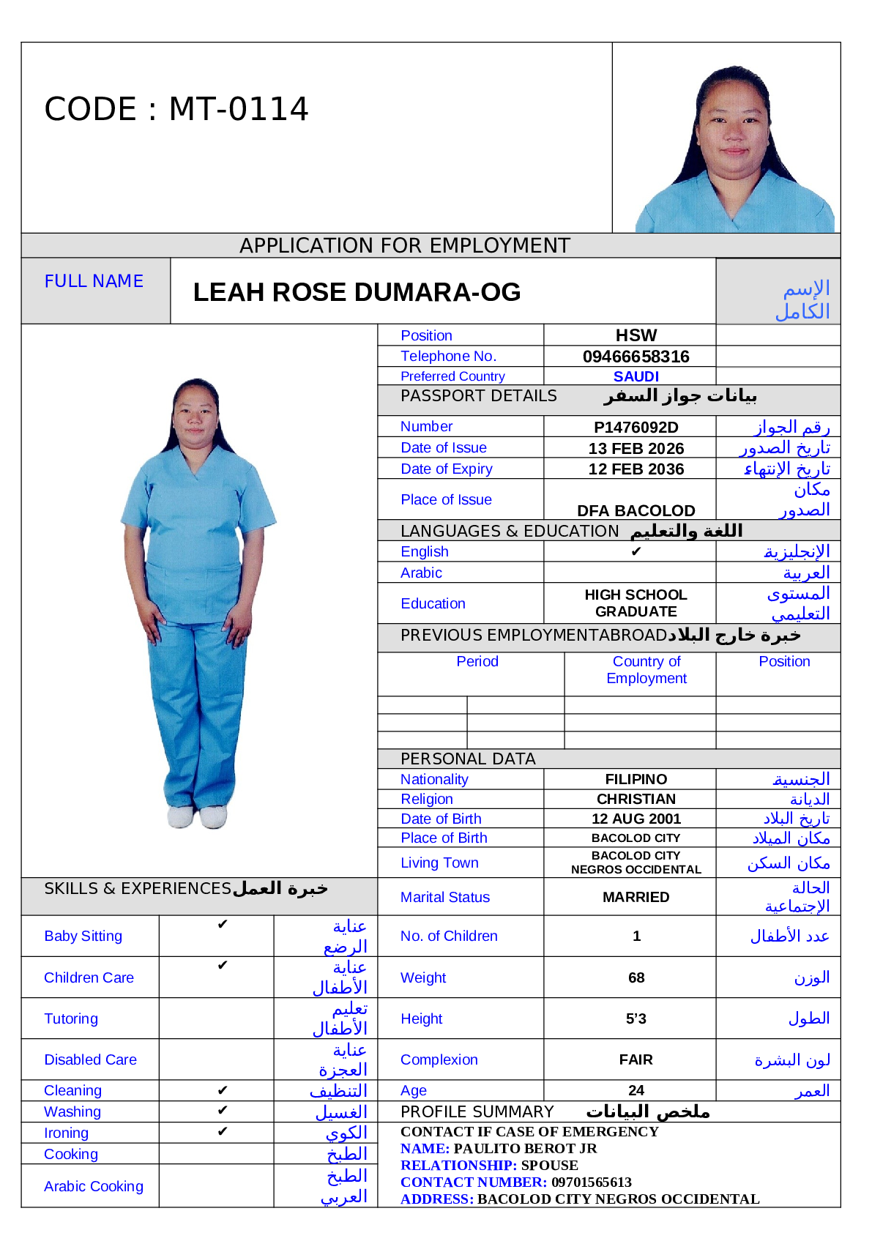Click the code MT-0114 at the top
(x=176, y=109)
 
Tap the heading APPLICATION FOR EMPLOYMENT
(x=404, y=245)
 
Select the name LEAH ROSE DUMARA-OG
(x=357, y=292)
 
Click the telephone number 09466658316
(x=636, y=357)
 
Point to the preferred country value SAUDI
(x=636, y=376)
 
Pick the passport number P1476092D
(x=636, y=427)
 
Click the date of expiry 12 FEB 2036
(x=636, y=469)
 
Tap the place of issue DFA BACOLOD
(x=636, y=510)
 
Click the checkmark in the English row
(x=636, y=551)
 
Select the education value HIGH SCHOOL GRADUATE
(x=636, y=603)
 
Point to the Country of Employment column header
(x=646, y=670)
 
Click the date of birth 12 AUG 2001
(x=636, y=819)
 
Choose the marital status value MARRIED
(x=636, y=897)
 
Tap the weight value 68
(x=636, y=977)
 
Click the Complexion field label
(x=439, y=1059)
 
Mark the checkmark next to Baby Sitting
(x=223, y=925)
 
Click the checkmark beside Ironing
(x=223, y=1132)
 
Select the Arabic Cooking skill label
(x=93, y=1186)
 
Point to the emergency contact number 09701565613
(x=591, y=1182)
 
